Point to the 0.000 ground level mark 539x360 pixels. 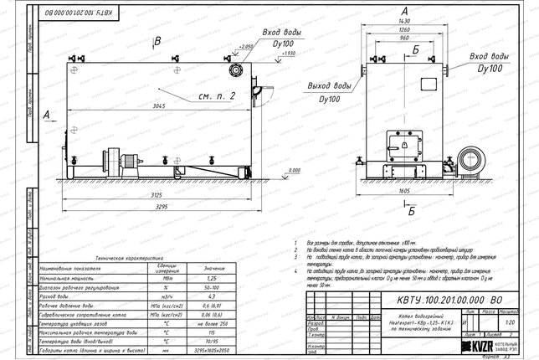click(x=295, y=170)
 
